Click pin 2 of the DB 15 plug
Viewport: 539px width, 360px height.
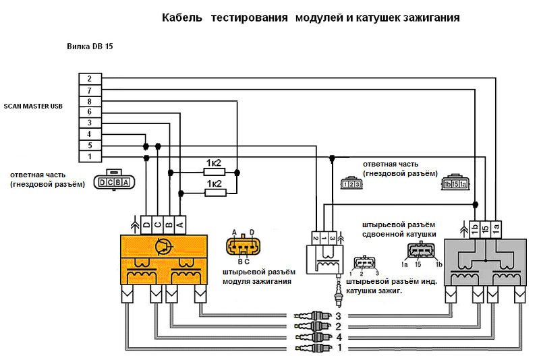pyautogui.click(x=90, y=79)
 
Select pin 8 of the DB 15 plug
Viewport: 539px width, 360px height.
pyautogui.click(x=90, y=101)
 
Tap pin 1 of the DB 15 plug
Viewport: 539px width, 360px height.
pyautogui.click(x=90, y=156)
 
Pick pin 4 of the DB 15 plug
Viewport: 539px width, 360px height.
pyautogui.click(x=90, y=134)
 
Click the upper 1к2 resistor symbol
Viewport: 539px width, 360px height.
pyautogui.click(x=214, y=172)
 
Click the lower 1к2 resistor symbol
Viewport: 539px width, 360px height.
pyautogui.click(x=214, y=193)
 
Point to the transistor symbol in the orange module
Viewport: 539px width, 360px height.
pyautogui.click(x=162, y=246)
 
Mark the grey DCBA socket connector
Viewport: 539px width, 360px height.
pyautogui.click(x=113, y=183)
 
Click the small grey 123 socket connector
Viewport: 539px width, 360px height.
pyautogui.click(x=347, y=183)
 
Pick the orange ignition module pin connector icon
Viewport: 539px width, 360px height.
pyautogui.click(x=243, y=246)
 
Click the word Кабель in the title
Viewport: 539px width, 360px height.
pyautogui.click(x=182, y=18)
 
